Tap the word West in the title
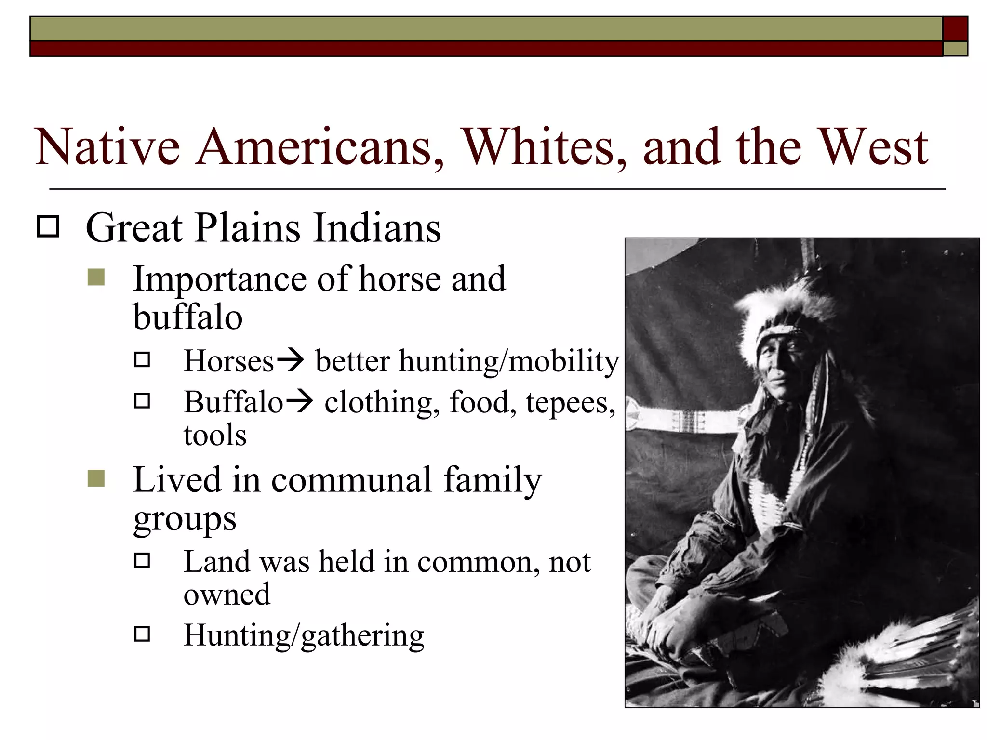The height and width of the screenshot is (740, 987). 873,147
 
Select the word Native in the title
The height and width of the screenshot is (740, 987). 107,147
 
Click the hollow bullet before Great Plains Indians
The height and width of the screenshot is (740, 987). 48,226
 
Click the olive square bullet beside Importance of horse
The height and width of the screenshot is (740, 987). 96,278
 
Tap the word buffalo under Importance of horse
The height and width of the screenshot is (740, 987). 187,317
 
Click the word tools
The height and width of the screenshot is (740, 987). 215,435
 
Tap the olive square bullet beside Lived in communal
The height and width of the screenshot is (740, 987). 96,478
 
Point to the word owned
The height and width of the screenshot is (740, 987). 227,595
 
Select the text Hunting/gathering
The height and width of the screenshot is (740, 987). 304,635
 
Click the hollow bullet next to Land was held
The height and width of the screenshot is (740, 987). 142,560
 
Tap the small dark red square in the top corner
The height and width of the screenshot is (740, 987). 955,29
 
